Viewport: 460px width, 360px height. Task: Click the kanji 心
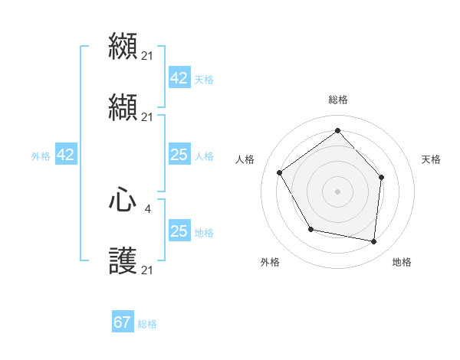click(123, 201)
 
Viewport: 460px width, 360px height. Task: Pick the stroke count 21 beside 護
click(147, 270)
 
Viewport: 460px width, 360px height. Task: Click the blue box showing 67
click(123, 322)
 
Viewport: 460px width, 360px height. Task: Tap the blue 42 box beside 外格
click(66, 155)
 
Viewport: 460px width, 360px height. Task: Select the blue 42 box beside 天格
click(179, 78)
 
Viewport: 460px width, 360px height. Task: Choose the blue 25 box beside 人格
click(179, 155)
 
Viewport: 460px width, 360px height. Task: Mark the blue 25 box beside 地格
click(179, 231)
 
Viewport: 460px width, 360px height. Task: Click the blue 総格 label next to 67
click(147, 324)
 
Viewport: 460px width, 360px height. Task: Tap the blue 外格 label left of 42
click(41, 155)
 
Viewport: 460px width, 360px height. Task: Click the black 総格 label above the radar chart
click(337, 100)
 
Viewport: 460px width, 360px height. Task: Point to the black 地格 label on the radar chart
click(402, 262)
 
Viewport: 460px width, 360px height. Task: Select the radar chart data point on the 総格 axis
click(337, 130)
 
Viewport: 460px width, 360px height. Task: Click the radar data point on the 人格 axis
click(280, 172)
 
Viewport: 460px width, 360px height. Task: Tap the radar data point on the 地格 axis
click(373, 241)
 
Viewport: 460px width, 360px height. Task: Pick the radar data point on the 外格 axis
click(310, 229)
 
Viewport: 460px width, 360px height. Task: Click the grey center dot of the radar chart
click(337, 191)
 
